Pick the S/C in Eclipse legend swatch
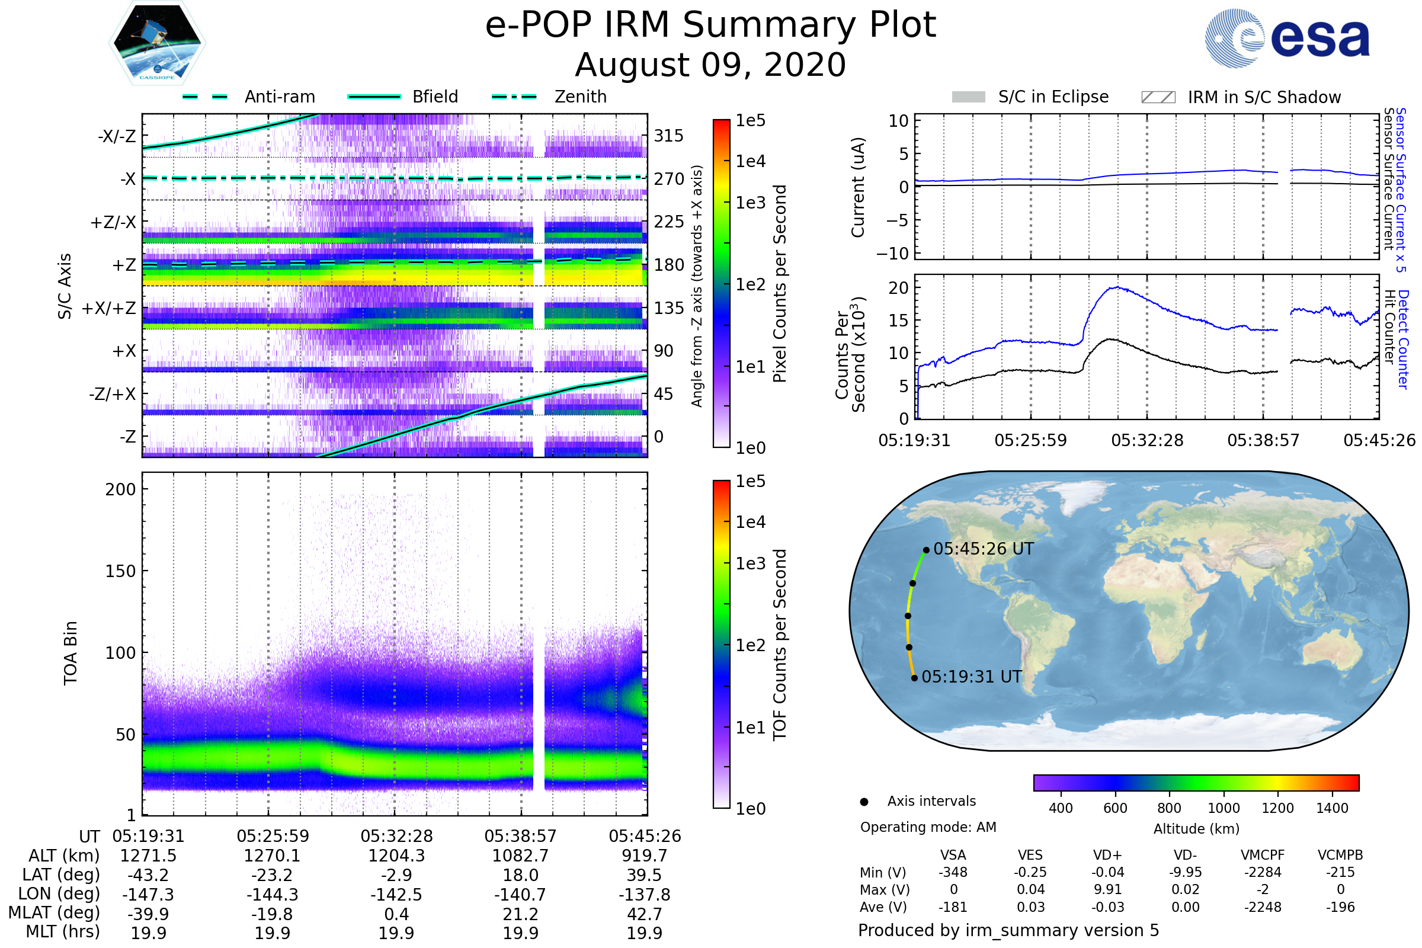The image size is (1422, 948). click(968, 97)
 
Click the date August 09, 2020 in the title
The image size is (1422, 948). click(710, 65)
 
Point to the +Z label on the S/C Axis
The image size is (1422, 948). click(124, 265)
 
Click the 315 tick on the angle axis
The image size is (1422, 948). click(669, 136)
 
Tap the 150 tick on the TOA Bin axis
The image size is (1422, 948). click(120, 571)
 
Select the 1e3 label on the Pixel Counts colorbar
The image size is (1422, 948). click(750, 203)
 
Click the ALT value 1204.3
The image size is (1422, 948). click(396, 856)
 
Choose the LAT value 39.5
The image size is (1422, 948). click(645, 875)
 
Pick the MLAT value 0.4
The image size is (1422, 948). click(396, 914)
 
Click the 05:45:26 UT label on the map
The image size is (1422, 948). click(983, 549)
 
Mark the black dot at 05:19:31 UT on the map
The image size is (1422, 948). click(914, 678)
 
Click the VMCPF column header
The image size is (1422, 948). click(1263, 855)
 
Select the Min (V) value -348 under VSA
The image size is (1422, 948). click(953, 872)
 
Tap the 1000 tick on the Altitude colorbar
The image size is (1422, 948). click(1223, 808)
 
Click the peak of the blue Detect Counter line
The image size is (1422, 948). click(1117, 287)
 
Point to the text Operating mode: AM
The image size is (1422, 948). click(928, 827)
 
